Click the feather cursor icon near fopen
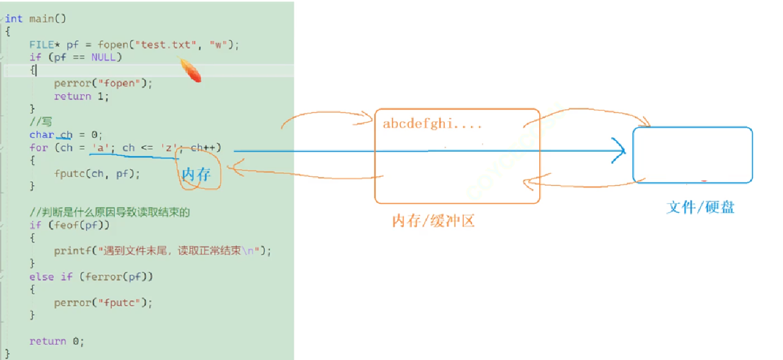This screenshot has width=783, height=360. coord(191,70)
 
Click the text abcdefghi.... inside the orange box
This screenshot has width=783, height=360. coord(432,124)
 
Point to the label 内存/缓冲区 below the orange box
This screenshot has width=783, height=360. coord(433,221)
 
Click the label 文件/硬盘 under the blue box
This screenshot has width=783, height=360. coord(700,207)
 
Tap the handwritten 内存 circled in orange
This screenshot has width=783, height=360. coord(196,175)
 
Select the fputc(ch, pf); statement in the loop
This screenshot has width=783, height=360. coord(97,173)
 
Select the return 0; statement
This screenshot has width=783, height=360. coord(56,341)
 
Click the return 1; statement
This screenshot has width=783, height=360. coord(81,96)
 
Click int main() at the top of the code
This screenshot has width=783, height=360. coord(35,19)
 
